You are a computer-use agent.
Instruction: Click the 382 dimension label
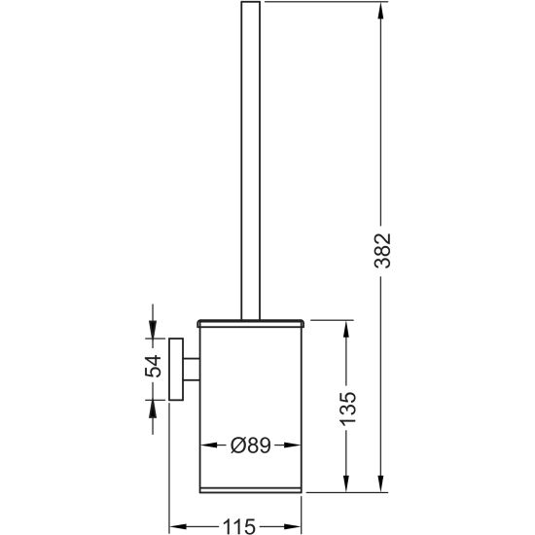click(382, 251)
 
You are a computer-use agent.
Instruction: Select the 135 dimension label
click(347, 408)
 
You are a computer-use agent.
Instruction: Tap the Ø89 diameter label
click(251, 445)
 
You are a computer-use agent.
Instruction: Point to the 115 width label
click(239, 526)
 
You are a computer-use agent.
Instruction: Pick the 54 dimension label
click(153, 366)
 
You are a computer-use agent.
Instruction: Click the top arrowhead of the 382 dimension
click(381, 11)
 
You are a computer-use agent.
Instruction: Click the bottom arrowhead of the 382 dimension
click(381, 483)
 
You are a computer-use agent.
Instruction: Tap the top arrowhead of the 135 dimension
click(346, 329)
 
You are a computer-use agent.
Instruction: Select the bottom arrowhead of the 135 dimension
click(346, 483)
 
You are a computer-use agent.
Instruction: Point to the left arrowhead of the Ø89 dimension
click(208, 445)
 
